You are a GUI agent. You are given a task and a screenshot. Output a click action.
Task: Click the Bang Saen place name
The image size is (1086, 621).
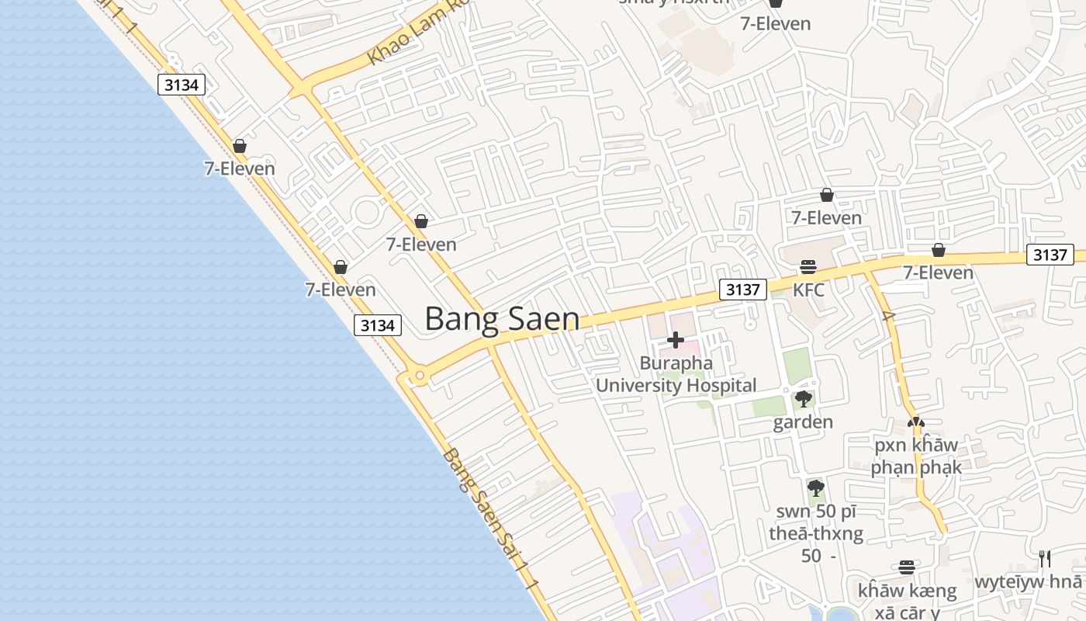pos(502,319)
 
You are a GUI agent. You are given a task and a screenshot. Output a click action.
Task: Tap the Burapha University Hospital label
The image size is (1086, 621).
pos(676,374)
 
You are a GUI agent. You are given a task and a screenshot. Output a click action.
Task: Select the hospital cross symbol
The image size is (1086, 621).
pos(676,340)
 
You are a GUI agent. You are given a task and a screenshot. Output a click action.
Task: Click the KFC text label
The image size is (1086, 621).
pos(808,290)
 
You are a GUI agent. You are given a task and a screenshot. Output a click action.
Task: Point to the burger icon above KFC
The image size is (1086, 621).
pos(808,267)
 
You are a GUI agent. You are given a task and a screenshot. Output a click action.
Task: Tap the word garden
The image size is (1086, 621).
pos(803,422)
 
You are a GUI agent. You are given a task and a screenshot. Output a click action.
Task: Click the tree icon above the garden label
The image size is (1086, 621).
pos(804,399)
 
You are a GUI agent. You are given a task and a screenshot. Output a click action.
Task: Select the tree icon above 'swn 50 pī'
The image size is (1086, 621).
pos(815,488)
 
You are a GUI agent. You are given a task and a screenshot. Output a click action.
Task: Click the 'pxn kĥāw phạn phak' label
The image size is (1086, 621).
pos(916,456)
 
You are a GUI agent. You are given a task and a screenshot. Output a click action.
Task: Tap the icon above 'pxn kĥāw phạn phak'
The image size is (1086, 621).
pos(916,423)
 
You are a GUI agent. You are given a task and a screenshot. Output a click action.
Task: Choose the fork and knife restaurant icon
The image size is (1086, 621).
pos(1045,558)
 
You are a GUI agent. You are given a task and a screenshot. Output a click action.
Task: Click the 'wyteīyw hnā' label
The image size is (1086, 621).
pos(1029,582)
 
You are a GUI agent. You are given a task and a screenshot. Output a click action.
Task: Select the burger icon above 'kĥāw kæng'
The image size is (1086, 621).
pos(907,567)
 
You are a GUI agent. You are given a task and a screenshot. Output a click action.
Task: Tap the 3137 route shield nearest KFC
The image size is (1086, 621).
pos(742,290)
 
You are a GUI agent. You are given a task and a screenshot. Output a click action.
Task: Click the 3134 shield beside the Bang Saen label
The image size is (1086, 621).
pos(378,325)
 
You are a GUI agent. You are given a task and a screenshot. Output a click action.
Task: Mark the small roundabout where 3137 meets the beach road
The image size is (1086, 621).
pos(420,376)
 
